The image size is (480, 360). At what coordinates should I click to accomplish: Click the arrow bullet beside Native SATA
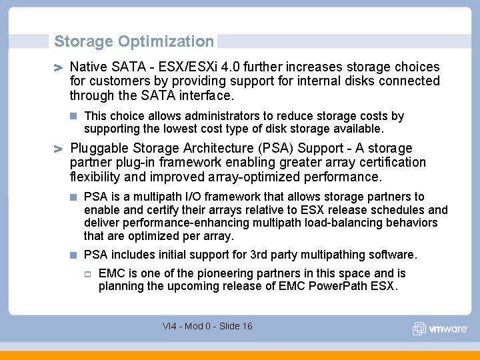coord(59,67)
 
